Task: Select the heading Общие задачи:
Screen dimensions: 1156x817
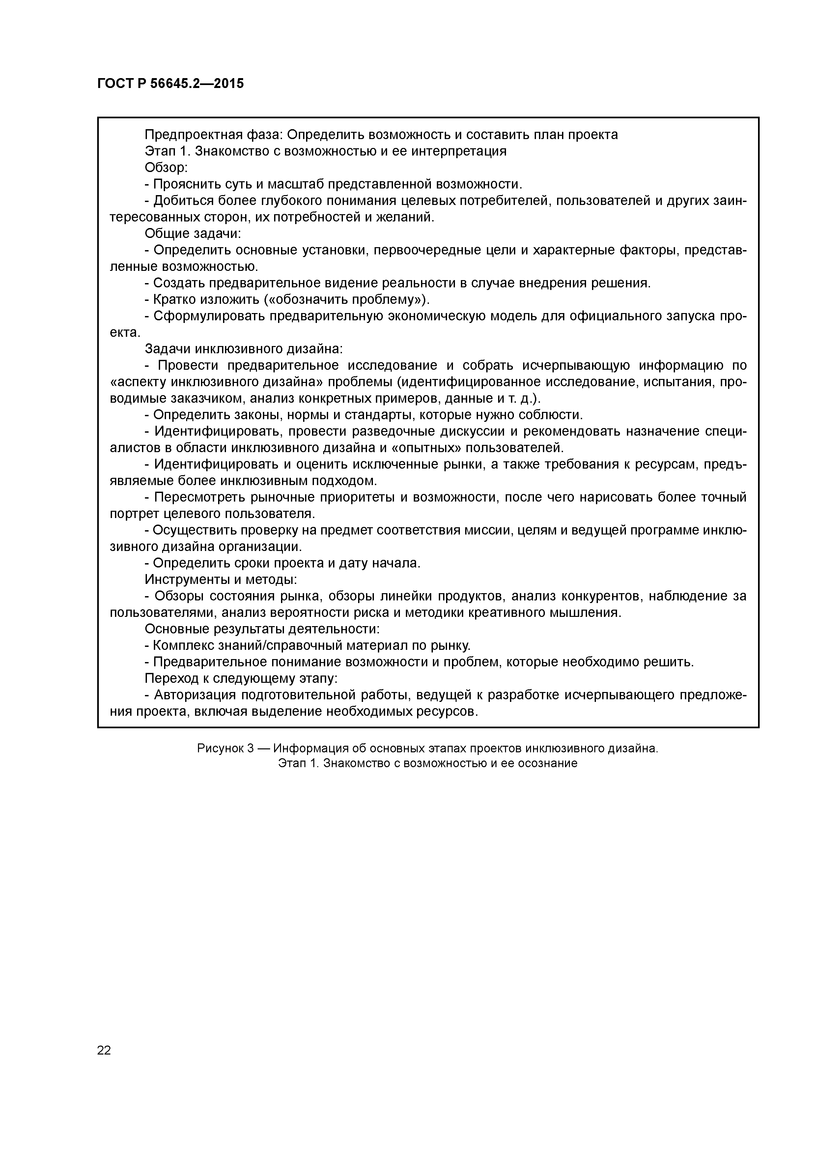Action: (x=193, y=234)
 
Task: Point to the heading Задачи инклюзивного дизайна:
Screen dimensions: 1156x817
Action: (x=244, y=349)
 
